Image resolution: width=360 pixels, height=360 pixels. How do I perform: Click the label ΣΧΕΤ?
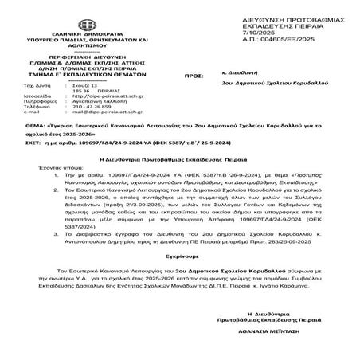click(33, 166)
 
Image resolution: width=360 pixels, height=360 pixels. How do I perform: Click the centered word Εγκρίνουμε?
click(179, 280)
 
